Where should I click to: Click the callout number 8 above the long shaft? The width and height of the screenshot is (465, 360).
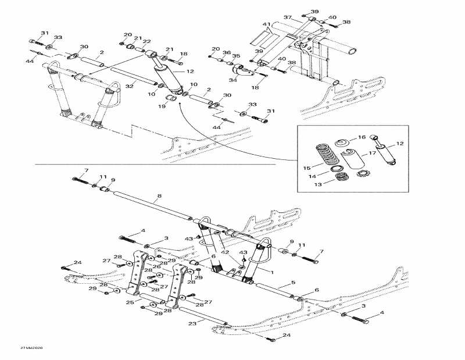click(x=159, y=198)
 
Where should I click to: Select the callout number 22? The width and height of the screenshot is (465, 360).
click(x=146, y=41)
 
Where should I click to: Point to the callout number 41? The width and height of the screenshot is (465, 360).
click(x=266, y=24)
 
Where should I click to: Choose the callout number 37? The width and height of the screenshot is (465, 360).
click(x=287, y=17)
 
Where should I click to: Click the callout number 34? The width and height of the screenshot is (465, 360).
click(x=233, y=80)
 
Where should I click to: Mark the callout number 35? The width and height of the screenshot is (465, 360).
click(x=237, y=56)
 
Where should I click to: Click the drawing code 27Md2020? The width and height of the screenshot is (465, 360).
click(x=27, y=348)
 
